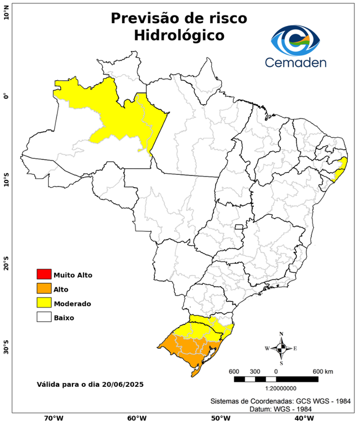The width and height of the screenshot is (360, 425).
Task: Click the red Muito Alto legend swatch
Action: click(x=44, y=274)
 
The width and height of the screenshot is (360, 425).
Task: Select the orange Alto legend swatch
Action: click(x=44, y=289)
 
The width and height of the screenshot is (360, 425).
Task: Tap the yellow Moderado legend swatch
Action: click(x=44, y=303)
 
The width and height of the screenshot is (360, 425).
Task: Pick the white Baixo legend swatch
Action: click(x=44, y=318)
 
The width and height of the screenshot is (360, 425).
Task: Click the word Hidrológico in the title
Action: click(x=179, y=35)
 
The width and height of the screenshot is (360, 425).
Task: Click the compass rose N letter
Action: click(x=281, y=334)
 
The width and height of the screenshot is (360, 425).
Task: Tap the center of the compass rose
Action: click(x=281, y=348)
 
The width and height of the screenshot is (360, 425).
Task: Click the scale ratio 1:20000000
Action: click(x=275, y=388)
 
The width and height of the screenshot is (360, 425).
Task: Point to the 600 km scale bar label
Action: click(x=323, y=371)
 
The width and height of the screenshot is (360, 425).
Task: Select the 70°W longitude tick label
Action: click(x=53, y=418)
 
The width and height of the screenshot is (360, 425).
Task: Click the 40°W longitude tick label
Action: click(x=302, y=418)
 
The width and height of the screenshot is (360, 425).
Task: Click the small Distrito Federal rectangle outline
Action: click(x=239, y=227)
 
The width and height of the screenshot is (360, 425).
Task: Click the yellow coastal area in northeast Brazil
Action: click(x=341, y=168)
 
